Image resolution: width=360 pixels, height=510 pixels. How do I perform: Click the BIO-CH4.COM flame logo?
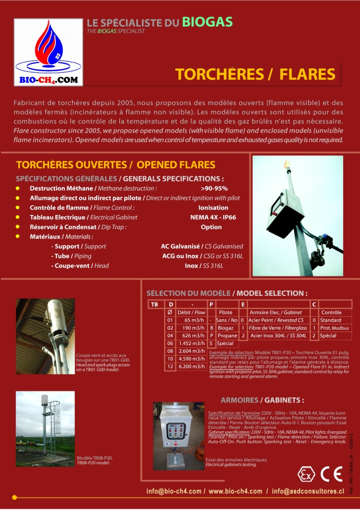(x=48, y=52)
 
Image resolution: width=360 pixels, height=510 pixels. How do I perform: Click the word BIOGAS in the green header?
(x=207, y=21)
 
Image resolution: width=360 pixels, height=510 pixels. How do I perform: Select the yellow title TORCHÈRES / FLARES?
(x=255, y=74)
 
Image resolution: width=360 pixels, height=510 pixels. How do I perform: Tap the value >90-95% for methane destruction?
(x=214, y=188)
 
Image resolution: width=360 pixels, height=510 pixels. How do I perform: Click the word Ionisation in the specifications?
(x=213, y=207)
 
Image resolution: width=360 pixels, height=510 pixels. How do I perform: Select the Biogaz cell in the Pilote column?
(x=226, y=328)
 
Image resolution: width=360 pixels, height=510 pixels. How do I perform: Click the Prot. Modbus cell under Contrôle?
(x=335, y=328)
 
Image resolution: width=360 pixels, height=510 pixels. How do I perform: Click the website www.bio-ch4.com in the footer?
(x=236, y=491)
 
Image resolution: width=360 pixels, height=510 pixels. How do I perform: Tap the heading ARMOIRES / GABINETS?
(x=262, y=400)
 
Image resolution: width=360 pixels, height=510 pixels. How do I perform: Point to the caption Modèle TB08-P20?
(x=94, y=458)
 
